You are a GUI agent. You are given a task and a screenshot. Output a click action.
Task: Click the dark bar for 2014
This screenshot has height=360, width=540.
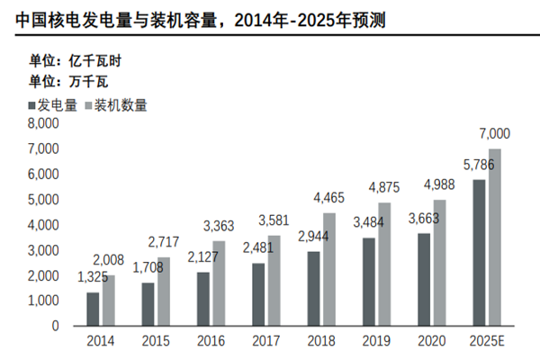(93, 309)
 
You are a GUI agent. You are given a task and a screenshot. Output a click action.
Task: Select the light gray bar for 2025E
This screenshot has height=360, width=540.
(494, 237)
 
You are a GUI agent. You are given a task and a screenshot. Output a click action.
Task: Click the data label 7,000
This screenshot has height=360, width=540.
(494, 134)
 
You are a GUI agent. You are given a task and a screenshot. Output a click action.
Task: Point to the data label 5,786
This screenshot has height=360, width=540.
(477, 165)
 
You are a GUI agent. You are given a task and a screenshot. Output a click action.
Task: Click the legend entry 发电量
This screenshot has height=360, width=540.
(54, 105)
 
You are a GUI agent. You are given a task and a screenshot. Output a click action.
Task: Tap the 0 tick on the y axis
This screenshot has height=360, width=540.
(55, 326)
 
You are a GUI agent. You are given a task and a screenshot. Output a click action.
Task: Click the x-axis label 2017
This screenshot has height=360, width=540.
(263, 342)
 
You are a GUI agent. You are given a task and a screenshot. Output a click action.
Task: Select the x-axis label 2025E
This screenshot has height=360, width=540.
(486, 342)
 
